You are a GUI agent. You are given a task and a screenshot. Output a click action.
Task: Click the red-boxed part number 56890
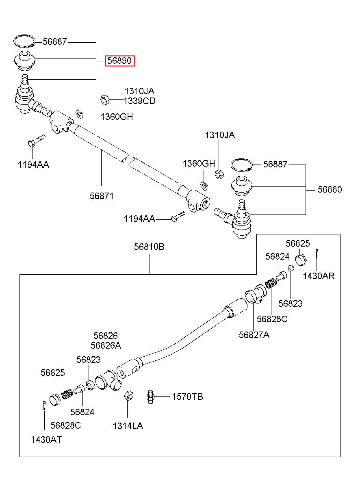119,61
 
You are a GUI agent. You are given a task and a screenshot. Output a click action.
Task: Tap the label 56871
102,196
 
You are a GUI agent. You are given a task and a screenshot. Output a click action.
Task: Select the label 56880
330,189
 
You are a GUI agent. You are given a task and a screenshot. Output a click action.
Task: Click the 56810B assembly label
149,247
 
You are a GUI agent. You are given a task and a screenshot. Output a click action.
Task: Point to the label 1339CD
139,101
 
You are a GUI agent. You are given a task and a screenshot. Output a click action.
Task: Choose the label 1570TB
187,397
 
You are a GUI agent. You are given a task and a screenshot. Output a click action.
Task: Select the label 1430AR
319,276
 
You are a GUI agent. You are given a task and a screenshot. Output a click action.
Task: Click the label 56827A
254,335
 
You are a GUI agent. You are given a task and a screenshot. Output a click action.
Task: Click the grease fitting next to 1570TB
150,397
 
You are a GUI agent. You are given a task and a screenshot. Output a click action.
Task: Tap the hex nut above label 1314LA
129,396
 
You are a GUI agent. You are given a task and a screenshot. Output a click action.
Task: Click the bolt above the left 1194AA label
37,140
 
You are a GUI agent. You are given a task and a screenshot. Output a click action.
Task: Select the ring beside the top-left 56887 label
24,41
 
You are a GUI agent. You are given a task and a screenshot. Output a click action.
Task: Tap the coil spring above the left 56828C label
67,394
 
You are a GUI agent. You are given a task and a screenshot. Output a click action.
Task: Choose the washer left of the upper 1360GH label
79,114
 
